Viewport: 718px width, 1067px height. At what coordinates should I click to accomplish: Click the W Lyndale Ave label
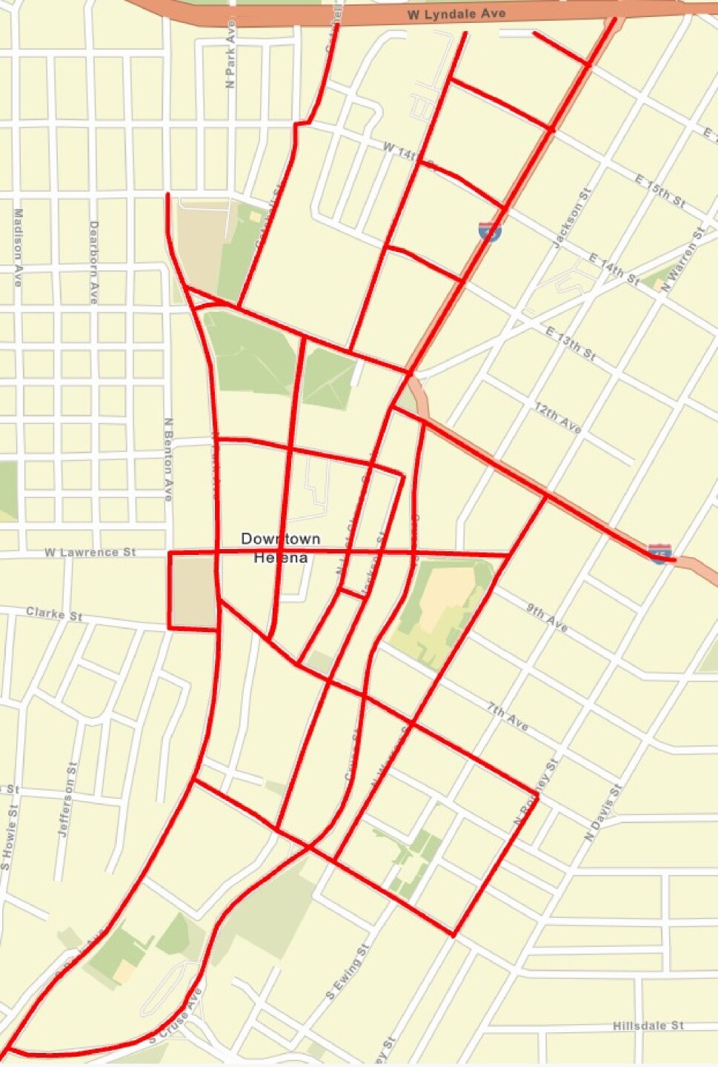coord(456,14)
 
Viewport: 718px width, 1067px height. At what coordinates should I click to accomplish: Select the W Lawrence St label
coord(90,552)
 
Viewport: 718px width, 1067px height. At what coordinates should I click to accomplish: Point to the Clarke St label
coord(54,614)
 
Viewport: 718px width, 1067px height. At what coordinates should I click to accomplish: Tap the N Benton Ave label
coord(168,459)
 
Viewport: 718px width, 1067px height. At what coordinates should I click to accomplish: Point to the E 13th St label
coord(571,343)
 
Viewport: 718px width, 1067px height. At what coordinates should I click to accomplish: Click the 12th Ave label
coord(559,419)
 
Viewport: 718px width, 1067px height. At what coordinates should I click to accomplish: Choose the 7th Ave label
coord(508,717)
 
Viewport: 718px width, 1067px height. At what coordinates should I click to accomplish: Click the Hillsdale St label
coord(648,1026)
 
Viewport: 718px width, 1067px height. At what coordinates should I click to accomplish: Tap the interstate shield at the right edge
coord(659,553)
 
